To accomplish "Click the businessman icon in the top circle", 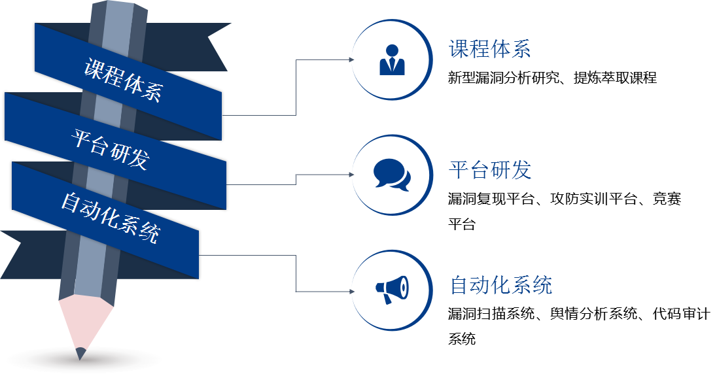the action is (393, 59).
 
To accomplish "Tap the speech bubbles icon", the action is (392, 175).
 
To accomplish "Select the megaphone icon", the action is (392, 290).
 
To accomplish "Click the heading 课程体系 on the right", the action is (489, 49).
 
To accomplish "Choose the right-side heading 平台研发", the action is (489, 169).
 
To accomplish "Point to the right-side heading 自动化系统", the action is (500, 285).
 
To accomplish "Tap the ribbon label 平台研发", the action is (111, 150).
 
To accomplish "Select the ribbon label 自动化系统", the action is (110, 218).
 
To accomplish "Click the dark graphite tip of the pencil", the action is (80, 354).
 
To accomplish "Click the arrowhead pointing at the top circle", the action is (352, 59).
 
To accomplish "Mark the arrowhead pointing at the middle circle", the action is (352, 175).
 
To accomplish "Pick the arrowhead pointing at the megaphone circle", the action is (352, 291).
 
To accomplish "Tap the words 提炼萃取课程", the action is (615, 78).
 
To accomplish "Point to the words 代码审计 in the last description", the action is (681, 314).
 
